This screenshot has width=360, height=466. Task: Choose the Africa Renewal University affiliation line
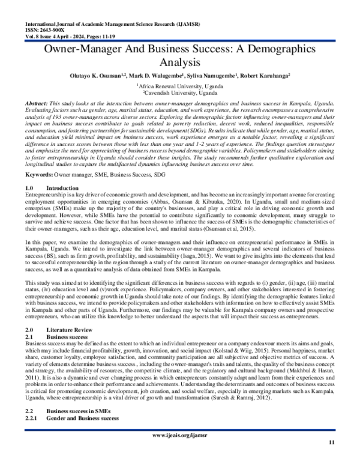[x=180, y=86]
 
